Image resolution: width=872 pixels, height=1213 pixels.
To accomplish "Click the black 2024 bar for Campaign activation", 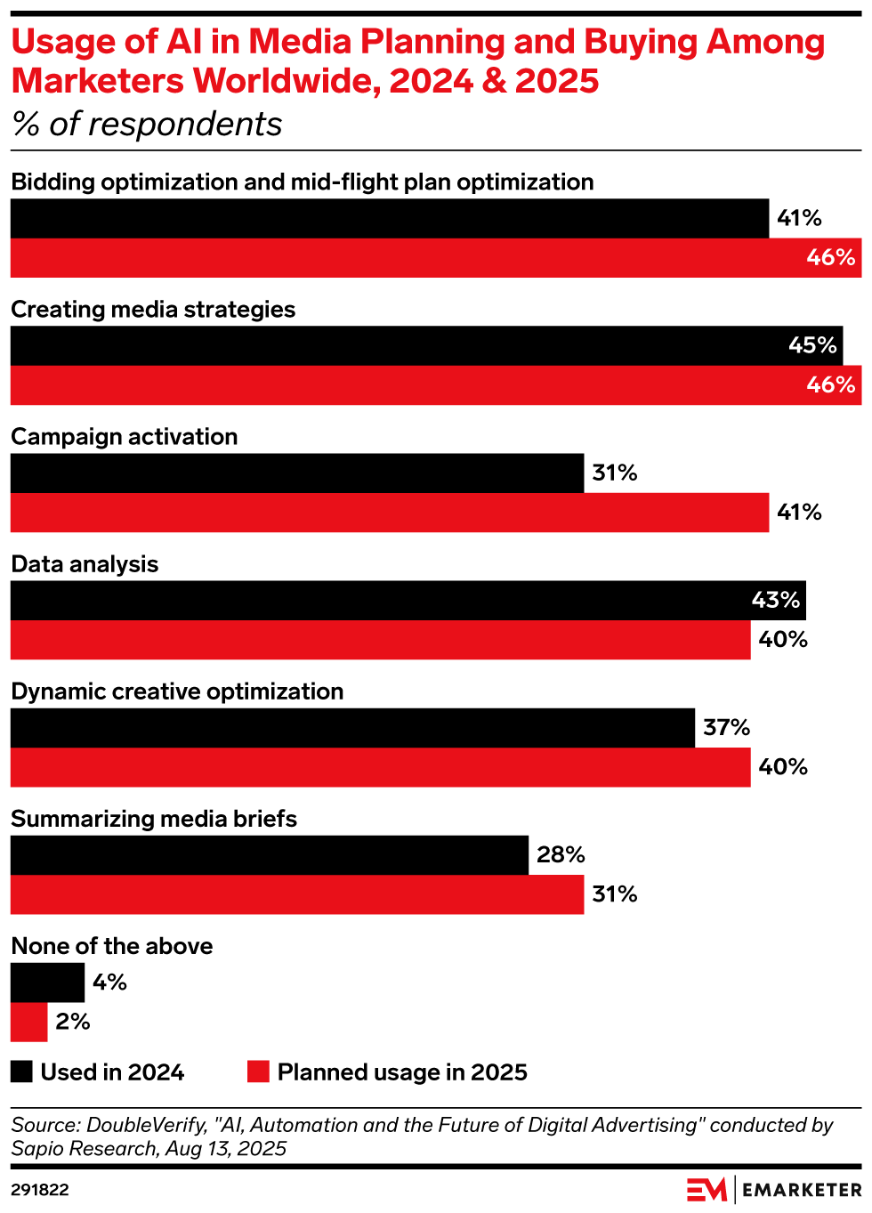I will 297,473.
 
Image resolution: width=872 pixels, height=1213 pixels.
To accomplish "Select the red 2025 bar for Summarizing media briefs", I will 297,894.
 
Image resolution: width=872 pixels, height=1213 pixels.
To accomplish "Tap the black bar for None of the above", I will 47,983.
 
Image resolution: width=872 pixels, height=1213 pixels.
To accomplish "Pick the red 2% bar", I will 28,1022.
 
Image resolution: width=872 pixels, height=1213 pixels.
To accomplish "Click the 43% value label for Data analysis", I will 775,601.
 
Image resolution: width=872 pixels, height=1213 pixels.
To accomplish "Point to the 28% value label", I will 561,855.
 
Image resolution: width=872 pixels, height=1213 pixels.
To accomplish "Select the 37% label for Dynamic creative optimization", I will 726,728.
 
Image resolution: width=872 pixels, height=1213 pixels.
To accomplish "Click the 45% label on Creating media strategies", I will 812,345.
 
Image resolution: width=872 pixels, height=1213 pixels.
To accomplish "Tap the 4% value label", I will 109,983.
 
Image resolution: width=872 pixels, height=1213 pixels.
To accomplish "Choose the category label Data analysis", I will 85,564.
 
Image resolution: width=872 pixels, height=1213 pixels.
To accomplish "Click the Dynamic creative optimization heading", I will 177,691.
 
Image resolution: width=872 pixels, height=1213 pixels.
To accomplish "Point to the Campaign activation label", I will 125,437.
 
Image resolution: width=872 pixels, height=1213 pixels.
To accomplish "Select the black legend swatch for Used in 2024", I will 22,1071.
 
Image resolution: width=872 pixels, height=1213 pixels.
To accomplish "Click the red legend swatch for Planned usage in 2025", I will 258,1071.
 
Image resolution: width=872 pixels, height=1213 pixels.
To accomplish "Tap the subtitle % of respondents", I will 147,125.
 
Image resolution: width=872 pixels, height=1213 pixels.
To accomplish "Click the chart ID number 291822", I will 40,1190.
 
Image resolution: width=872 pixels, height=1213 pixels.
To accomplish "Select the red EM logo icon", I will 706,1189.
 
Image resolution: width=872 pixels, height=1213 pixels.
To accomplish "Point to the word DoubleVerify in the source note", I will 146,1125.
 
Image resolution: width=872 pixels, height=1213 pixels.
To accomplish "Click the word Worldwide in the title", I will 287,81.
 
